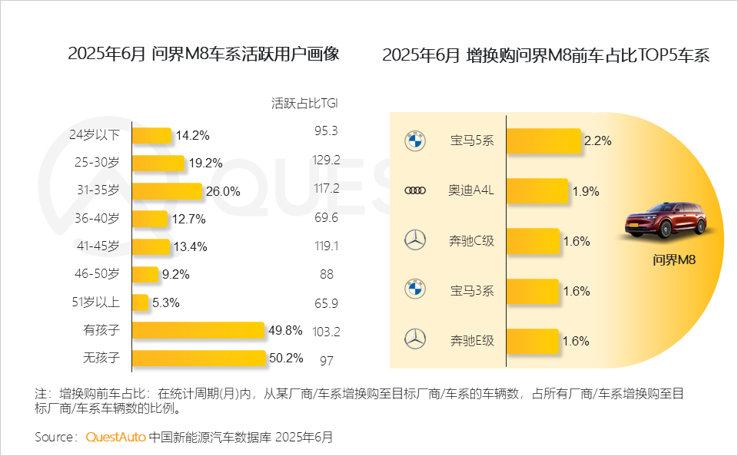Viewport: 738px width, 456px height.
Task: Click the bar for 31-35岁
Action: [167, 190]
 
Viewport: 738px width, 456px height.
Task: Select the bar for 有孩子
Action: [198, 331]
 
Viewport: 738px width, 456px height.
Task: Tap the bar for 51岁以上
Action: [141, 302]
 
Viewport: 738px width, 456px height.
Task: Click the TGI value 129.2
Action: [327, 160]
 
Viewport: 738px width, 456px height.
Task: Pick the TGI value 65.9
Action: [327, 302]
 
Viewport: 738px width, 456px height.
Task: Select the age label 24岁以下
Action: [95, 135]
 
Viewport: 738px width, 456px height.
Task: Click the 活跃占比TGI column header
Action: [305, 102]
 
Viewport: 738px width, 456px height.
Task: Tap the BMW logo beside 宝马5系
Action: [414, 141]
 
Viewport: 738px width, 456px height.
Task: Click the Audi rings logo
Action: [414, 191]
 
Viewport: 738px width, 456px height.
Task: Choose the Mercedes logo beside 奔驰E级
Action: [414, 340]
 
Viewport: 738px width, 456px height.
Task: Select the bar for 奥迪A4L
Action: [537, 191]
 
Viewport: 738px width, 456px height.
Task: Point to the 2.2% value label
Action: [597, 141]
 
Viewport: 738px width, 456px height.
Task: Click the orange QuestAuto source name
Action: [115, 437]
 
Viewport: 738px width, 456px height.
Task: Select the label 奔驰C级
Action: [472, 241]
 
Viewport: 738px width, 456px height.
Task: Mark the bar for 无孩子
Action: [199, 358]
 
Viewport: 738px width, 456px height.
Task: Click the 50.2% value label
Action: [285, 358]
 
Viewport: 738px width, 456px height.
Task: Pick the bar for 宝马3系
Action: [533, 291]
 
